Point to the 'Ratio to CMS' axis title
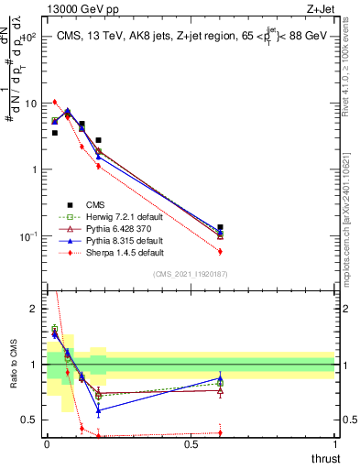pyautogui.click(x=12, y=365)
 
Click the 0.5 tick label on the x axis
pyautogui.click(x=191, y=444)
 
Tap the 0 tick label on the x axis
pyautogui.click(x=46, y=444)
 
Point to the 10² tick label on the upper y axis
pyautogui.click(x=29, y=38)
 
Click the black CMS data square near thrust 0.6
pyautogui.click(x=220, y=227)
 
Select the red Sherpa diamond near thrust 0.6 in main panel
pyautogui.click(x=220, y=251)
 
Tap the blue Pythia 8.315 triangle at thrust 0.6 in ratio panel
pyautogui.click(x=220, y=377)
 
